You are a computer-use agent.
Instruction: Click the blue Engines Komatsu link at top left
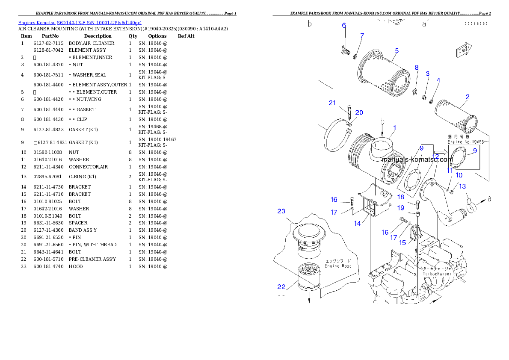[x=80, y=23]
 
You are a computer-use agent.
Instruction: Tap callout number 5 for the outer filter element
[x=397, y=51]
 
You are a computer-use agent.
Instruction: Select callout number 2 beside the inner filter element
[x=468, y=97]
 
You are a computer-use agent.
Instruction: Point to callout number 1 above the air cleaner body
[x=394, y=127]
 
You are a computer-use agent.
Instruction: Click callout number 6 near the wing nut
[x=343, y=26]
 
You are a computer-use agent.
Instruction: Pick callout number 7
[x=362, y=35]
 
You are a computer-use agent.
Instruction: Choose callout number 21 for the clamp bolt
[x=332, y=103]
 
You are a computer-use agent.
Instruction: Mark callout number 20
[x=359, y=112]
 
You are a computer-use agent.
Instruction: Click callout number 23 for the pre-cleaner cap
[x=281, y=211]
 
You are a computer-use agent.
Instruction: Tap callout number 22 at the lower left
[x=281, y=286]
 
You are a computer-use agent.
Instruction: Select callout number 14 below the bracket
[x=358, y=223]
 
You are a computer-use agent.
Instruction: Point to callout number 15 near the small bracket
[x=402, y=242]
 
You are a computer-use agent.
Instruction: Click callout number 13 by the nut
[x=462, y=186]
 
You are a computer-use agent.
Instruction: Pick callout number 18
[x=400, y=197]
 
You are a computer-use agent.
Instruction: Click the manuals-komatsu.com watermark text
[x=417, y=159]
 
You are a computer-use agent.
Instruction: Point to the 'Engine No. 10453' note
[x=465, y=142]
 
